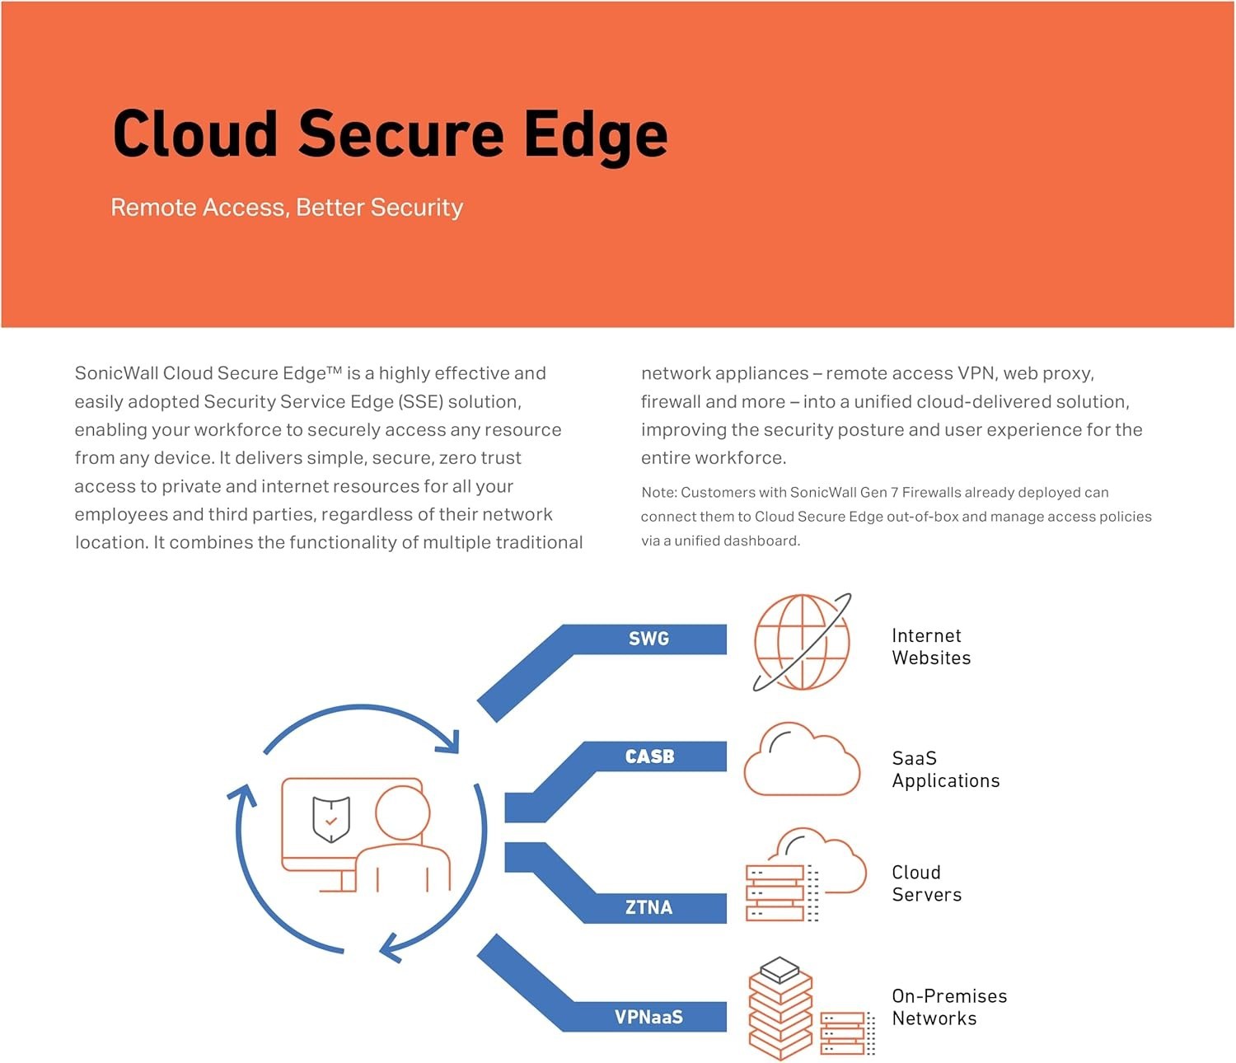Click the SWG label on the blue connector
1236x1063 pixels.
pyautogui.click(x=648, y=639)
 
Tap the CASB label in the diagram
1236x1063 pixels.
pyautogui.click(x=649, y=756)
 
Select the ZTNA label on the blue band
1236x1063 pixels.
pyautogui.click(x=648, y=907)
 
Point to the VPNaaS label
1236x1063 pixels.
pyautogui.click(x=648, y=1017)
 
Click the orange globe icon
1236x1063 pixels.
pyautogui.click(x=801, y=642)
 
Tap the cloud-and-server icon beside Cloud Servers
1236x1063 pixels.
pyautogui.click(x=804, y=875)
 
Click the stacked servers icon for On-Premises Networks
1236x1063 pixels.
pyautogui.click(x=811, y=1009)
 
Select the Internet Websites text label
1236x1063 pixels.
pyautogui.click(x=931, y=647)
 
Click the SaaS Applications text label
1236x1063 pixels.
pyautogui.click(x=945, y=770)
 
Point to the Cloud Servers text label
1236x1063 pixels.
pyautogui.click(x=926, y=883)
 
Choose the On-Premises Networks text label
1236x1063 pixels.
pyautogui.click(x=948, y=1007)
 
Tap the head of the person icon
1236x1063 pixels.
pyautogui.click(x=403, y=812)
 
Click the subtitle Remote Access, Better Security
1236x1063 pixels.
pyautogui.click(x=287, y=207)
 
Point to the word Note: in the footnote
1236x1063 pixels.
pyautogui.click(x=659, y=493)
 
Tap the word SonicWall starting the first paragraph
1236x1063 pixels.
pyautogui.click(x=116, y=373)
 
